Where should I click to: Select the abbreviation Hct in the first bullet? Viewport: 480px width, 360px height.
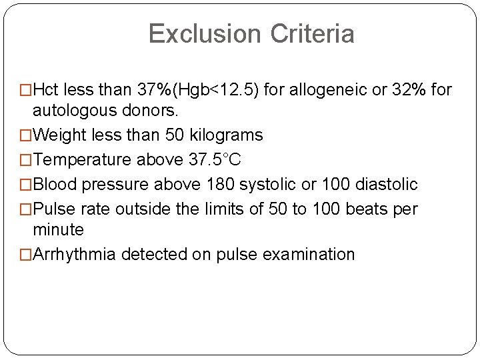click(47, 90)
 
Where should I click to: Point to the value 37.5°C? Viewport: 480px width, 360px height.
click(215, 160)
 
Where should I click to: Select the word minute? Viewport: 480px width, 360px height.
click(59, 230)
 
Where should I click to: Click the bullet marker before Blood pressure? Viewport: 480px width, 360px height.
click(27, 185)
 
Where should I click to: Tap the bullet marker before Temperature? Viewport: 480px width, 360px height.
click(27, 161)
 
